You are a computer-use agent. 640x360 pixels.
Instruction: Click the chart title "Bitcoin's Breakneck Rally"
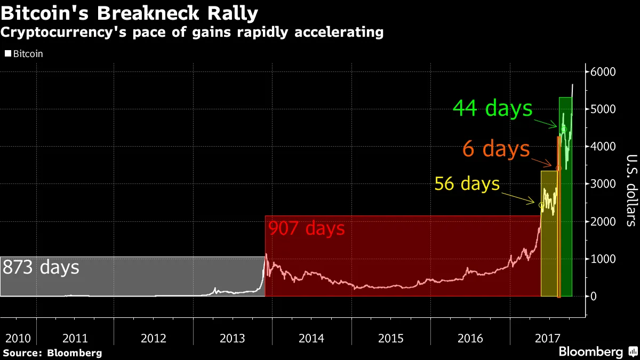coord(130,13)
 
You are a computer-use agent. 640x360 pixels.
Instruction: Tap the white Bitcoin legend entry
coord(24,54)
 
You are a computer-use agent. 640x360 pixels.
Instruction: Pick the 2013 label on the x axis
coord(232,338)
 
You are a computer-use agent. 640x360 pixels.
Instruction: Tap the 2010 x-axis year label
coord(17,338)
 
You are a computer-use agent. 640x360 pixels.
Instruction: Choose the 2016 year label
coord(470,338)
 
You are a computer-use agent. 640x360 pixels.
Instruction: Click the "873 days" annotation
coord(41,267)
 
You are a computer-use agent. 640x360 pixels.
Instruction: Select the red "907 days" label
coord(306,229)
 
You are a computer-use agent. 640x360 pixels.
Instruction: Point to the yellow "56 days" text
coord(467,184)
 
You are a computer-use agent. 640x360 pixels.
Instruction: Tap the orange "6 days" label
coord(496,149)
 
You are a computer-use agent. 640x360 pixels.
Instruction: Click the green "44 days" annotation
coord(492,109)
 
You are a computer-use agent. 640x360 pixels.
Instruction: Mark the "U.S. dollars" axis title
coord(631,190)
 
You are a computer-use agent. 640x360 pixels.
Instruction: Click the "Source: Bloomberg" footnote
coord(52,353)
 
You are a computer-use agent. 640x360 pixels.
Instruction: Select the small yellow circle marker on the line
coord(541,205)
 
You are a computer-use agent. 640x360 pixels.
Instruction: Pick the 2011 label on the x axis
coord(75,338)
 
